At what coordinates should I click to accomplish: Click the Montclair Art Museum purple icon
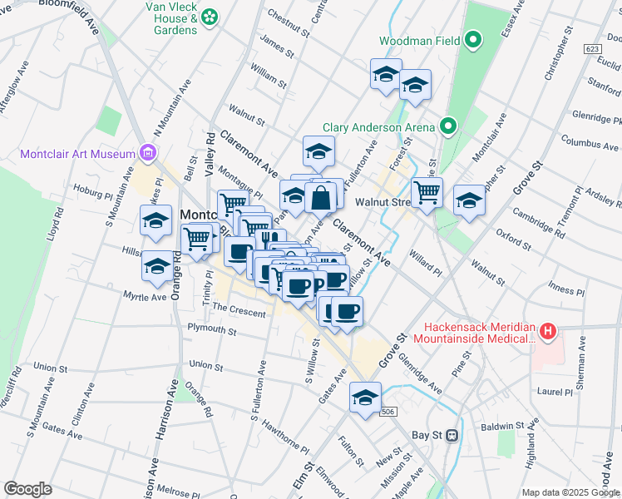click(149, 153)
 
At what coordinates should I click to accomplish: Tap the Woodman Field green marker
click(474, 40)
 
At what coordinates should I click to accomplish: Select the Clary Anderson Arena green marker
click(448, 127)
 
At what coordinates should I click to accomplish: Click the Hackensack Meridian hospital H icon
click(547, 333)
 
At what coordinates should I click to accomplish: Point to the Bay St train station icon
click(452, 435)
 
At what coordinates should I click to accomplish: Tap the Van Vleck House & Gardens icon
click(209, 16)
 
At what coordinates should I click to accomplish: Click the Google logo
click(27, 489)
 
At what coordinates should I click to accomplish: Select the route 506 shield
click(388, 412)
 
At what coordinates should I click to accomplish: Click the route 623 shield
click(591, 50)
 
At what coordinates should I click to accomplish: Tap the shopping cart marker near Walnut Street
click(427, 192)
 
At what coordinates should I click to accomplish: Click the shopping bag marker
click(320, 198)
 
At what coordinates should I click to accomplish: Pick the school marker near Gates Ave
click(365, 398)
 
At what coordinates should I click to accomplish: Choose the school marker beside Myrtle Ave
click(156, 266)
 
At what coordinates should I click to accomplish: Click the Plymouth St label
click(212, 330)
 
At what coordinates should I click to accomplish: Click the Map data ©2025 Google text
click(570, 492)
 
